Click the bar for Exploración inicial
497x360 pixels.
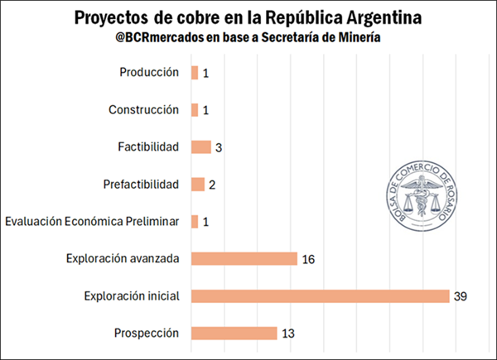[x=320, y=295]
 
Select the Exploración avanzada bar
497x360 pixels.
[x=244, y=258]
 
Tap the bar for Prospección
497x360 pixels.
[x=234, y=333]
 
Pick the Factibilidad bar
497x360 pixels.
[x=200, y=146]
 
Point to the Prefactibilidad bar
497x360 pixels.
[x=197, y=184]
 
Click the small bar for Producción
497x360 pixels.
[x=195, y=73]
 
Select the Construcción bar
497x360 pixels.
[x=195, y=110]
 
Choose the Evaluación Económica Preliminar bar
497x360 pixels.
[x=195, y=221]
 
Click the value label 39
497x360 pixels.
[x=461, y=296]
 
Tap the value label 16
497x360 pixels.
[x=308, y=259]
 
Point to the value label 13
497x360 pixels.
[x=287, y=334]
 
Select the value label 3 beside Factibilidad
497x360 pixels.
[x=219, y=147]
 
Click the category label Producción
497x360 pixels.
[x=149, y=72]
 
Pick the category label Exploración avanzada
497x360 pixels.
[x=123, y=258]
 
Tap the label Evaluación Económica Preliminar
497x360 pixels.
[x=92, y=221]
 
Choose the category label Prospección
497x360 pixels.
[x=146, y=333]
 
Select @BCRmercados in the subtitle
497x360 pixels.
[x=162, y=38]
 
